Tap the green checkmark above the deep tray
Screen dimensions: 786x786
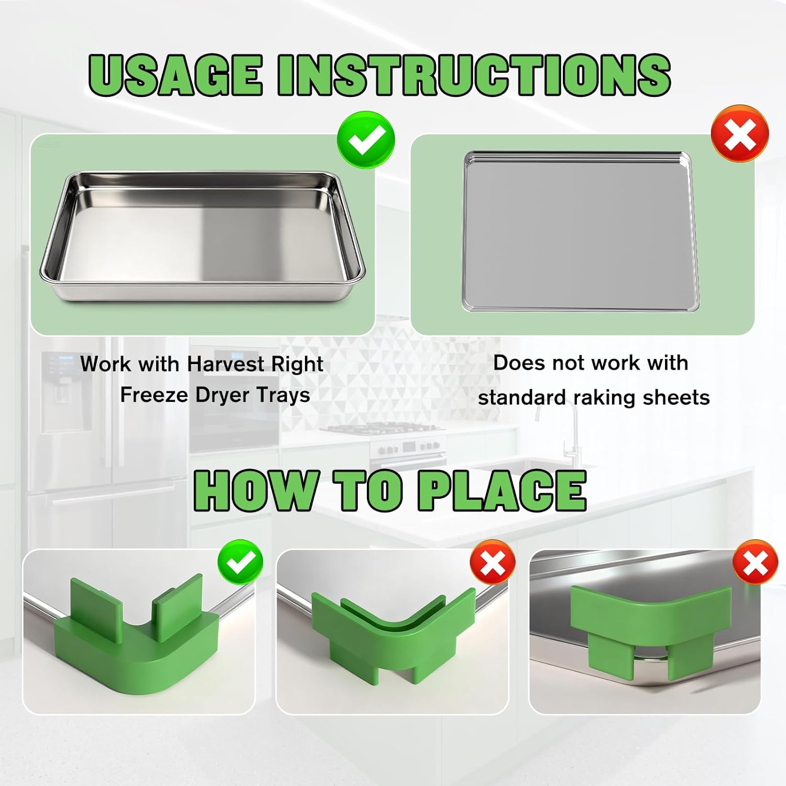pyautogui.click(x=366, y=140)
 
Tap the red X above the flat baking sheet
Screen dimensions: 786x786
pyautogui.click(x=740, y=134)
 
